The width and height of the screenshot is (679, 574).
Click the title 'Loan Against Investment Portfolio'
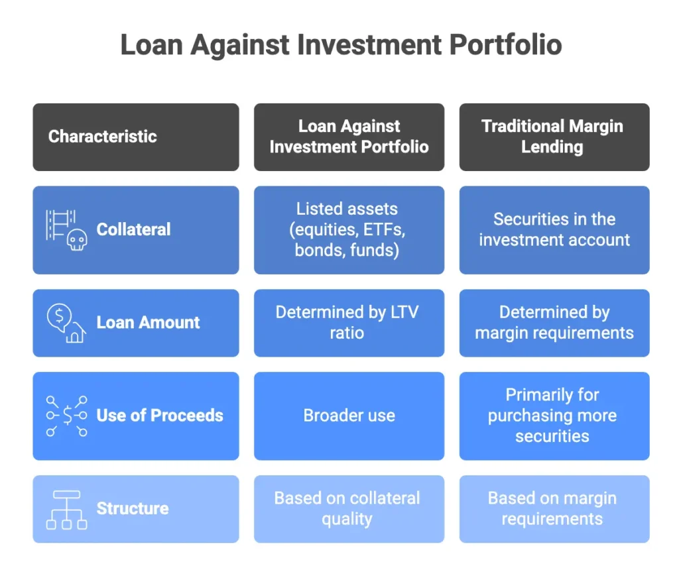tap(341, 45)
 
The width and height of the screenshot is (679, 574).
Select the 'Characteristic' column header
tap(103, 137)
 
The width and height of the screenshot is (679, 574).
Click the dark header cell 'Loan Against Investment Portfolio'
tap(349, 137)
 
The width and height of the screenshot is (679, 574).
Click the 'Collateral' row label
tap(133, 230)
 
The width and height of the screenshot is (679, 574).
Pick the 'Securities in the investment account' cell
tap(554, 230)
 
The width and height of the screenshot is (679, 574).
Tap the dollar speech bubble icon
tap(59, 317)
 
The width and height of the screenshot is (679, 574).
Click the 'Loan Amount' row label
tap(148, 323)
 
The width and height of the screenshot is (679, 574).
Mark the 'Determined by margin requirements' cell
tap(554, 322)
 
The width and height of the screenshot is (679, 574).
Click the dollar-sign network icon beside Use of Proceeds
tap(66, 416)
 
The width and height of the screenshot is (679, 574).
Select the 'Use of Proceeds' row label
tap(160, 416)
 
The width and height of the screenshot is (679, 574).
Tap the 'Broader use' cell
tap(349, 416)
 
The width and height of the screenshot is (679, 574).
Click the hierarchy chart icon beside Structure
tap(66, 509)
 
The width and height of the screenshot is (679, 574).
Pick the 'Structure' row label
tap(133, 508)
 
